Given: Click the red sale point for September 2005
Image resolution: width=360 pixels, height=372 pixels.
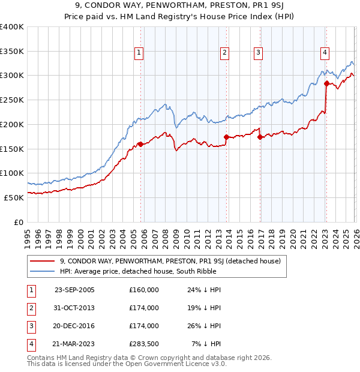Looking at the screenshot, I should point(140,144).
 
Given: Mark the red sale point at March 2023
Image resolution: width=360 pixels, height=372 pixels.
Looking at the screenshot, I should point(326,83).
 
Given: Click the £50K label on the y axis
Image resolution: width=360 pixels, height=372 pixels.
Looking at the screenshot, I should point(14,197).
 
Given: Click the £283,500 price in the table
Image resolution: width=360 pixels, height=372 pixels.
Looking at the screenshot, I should point(143,344).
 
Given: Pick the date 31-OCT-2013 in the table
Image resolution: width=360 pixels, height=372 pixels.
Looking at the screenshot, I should point(74,308).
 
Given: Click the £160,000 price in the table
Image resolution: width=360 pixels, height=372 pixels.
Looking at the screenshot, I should point(143,290).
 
